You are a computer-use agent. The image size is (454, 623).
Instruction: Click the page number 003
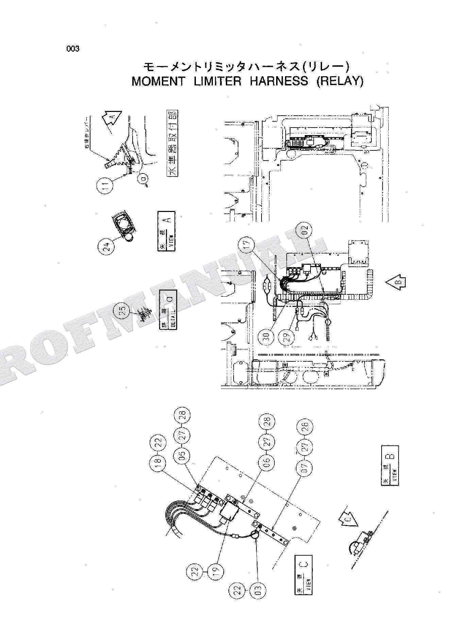point(73,49)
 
